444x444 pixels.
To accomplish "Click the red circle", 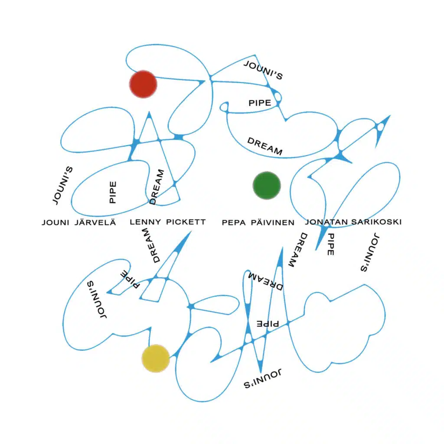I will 143,84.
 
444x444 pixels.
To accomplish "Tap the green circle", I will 267,186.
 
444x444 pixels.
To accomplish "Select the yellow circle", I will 156,359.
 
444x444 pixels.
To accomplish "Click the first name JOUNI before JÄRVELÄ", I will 55,222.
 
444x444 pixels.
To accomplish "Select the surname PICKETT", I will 186,222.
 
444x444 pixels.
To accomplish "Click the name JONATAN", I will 326,222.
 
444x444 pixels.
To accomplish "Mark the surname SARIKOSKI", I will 376,222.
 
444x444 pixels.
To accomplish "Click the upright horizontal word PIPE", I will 260,103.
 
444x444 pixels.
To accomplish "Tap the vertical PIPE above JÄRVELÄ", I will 113,192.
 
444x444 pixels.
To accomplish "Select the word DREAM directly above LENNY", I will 157,186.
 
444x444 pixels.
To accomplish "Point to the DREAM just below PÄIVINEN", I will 297,250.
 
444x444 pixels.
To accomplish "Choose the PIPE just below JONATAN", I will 330,245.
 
